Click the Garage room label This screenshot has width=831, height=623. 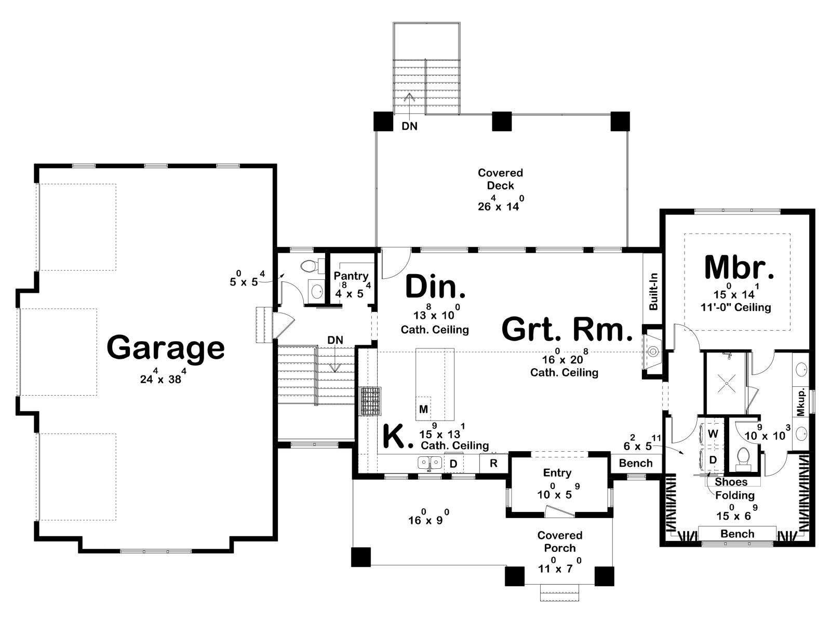click(166, 348)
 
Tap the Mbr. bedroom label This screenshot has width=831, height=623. click(740, 268)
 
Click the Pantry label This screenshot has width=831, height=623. click(351, 276)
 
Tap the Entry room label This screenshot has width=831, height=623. click(557, 473)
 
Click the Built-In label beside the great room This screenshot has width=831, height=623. click(653, 292)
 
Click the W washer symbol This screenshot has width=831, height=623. click(713, 434)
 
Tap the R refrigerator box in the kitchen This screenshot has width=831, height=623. click(493, 463)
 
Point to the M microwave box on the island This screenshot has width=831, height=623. click(423, 409)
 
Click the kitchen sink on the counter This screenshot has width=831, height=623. click(430, 462)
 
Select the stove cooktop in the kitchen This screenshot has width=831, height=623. click(371, 401)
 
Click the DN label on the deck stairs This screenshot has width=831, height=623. click(409, 126)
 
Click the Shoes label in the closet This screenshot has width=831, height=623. click(731, 482)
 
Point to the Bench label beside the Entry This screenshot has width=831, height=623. click(636, 463)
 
